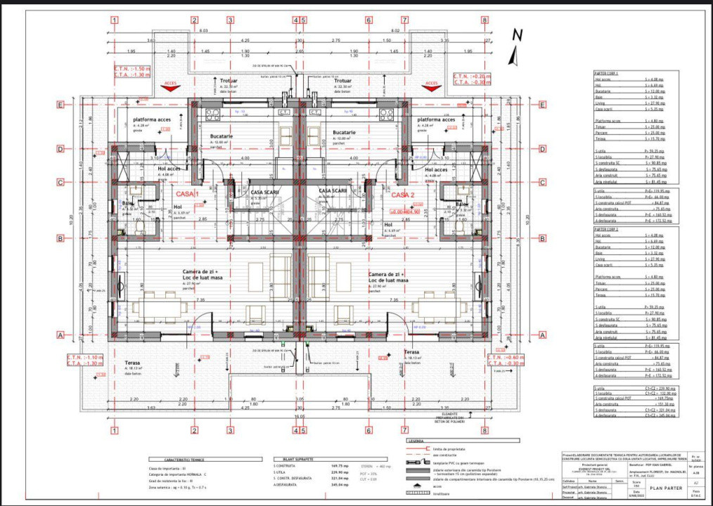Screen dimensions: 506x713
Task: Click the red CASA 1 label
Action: point(188,194)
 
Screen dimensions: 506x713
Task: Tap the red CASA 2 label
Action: point(404,194)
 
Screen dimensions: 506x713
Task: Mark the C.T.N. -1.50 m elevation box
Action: point(131,71)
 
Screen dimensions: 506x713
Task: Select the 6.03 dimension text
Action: point(204,31)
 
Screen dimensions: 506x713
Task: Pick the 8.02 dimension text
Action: point(395,31)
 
